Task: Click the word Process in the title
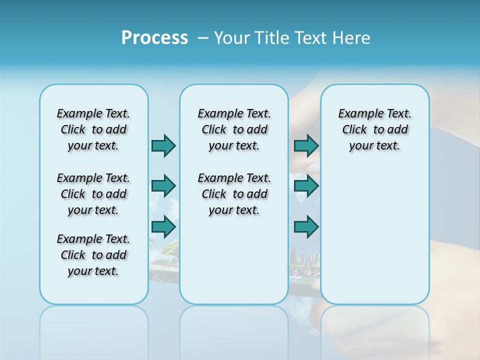[154, 38]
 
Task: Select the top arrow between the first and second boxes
[163, 145]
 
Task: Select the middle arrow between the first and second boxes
[163, 186]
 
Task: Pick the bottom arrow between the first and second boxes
[163, 227]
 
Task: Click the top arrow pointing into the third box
[306, 145]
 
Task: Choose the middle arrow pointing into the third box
[306, 186]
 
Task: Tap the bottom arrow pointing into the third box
[306, 227]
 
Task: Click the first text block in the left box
[93, 129]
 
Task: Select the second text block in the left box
[93, 194]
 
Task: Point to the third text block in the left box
[93, 255]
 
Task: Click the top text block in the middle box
[234, 129]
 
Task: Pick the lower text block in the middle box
[234, 194]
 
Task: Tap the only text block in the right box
[374, 129]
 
